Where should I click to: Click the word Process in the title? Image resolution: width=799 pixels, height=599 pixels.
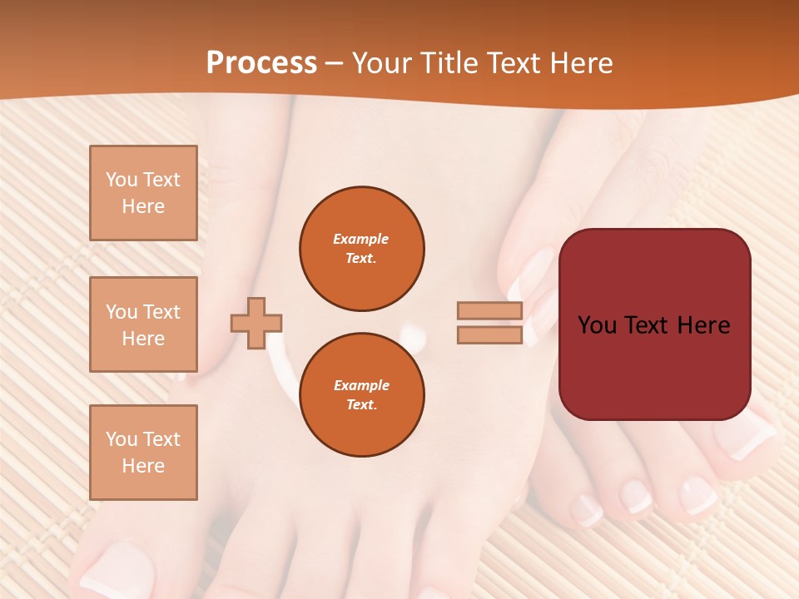pos(261,63)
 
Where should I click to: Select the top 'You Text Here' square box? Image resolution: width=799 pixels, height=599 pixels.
pos(143,193)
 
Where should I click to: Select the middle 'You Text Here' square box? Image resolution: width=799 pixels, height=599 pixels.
pos(143,324)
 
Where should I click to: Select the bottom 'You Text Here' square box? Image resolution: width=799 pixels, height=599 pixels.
pos(143,453)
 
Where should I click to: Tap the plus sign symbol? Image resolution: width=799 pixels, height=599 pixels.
pos(256,323)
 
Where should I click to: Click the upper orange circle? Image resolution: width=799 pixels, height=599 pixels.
pos(361,249)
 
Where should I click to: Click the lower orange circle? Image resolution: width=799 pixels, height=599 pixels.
pos(361,395)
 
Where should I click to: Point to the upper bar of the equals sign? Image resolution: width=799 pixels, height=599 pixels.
pos(489,311)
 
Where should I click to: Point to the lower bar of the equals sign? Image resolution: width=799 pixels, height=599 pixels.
pos(489,335)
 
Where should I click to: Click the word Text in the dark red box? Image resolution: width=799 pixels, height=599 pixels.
pos(653,325)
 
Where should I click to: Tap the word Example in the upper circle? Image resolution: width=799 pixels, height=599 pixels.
pos(361,239)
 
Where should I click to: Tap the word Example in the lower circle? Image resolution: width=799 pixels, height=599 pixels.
pos(361,385)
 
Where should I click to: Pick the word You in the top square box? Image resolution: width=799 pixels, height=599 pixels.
pos(122,180)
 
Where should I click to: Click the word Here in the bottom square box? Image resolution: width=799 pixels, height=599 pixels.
pos(143,466)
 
